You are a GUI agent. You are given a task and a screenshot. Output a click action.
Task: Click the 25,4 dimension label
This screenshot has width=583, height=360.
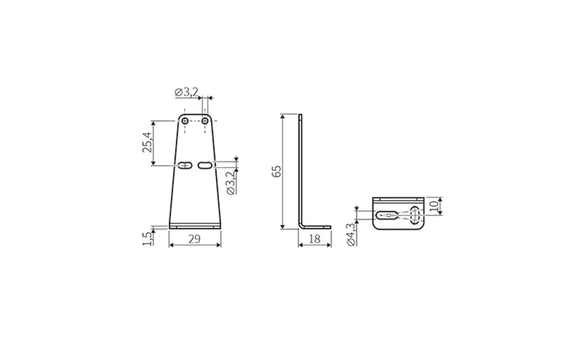point(147,142)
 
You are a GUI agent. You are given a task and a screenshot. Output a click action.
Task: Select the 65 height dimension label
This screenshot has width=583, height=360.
point(276,171)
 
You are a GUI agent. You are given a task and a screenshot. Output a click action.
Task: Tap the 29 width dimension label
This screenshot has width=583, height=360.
point(194,239)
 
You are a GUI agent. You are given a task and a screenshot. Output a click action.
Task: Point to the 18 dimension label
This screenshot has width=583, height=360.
point(314,239)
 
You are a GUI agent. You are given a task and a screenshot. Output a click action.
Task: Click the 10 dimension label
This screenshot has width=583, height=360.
point(433,206)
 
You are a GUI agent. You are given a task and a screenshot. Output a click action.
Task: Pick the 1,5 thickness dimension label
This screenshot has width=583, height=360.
point(147,239)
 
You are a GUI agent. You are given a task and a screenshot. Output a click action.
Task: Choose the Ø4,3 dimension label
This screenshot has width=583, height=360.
point(351,235)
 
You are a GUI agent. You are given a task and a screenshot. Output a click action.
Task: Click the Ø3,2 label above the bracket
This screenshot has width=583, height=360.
point(187,92)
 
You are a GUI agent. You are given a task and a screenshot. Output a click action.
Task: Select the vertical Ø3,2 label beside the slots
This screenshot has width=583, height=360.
point(231,183)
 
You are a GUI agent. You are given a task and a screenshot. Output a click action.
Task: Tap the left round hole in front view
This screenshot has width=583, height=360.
point(185,121)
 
